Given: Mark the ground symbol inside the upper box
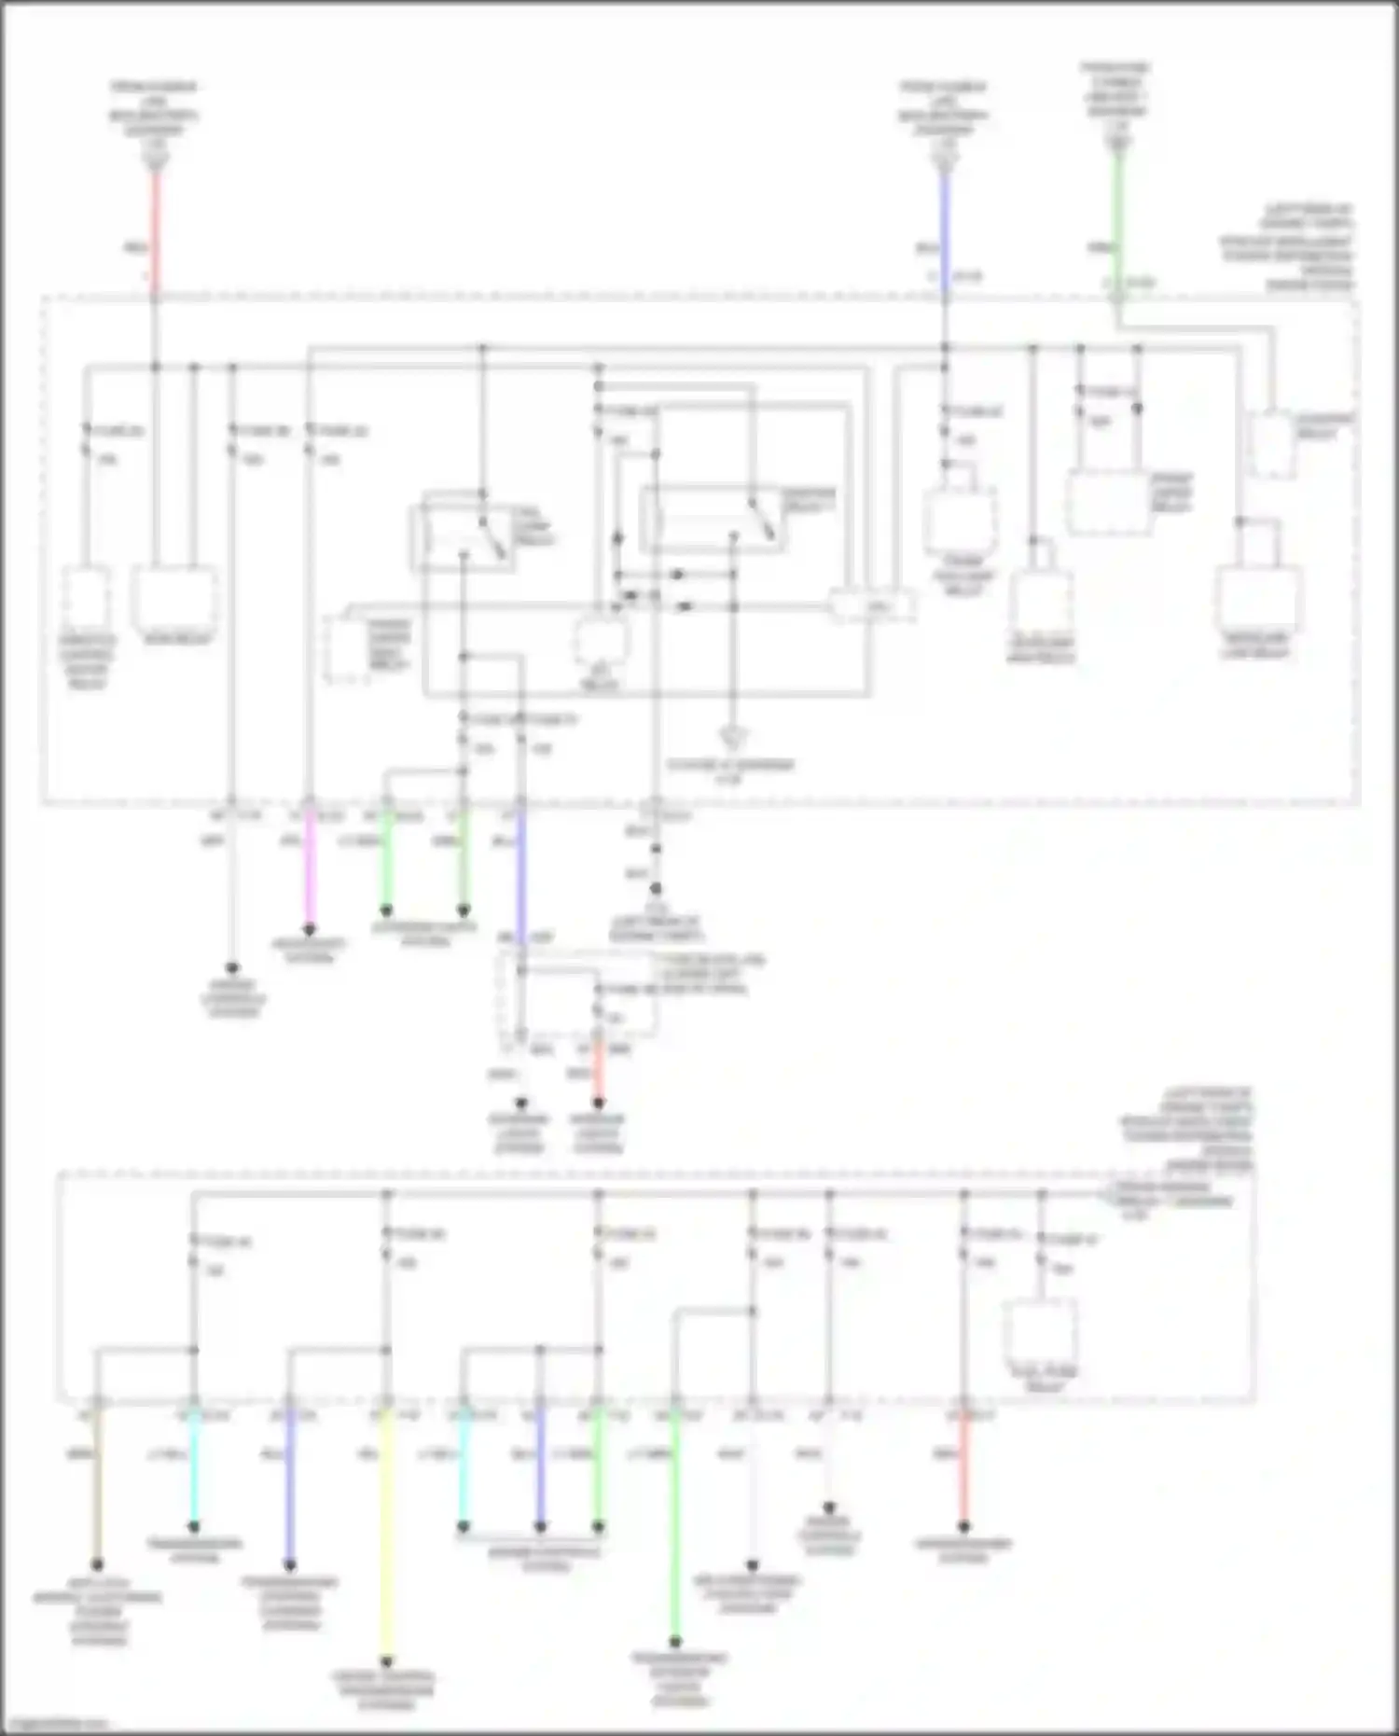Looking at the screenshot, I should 734,740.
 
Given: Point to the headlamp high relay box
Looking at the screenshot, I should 1039,602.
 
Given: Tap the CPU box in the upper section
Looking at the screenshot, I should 873,606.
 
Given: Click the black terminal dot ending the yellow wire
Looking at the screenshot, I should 386,1661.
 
